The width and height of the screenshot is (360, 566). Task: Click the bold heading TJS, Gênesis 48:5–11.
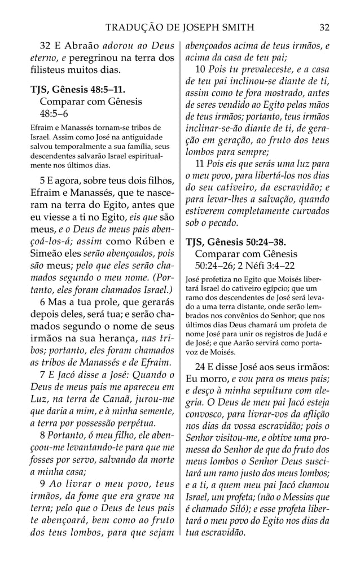78,90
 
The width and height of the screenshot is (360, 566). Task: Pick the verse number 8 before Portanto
43,437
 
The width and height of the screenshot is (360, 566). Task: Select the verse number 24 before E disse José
201,363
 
